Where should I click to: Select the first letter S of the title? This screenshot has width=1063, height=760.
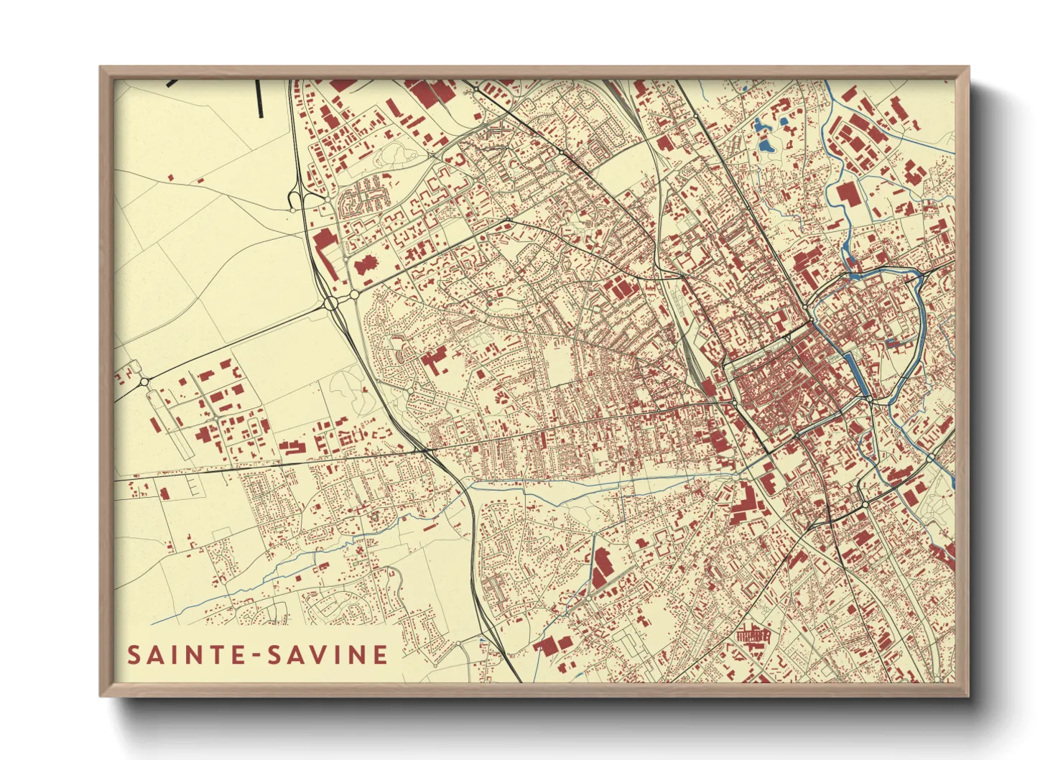134,655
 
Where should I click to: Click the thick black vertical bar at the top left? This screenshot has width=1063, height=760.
260,98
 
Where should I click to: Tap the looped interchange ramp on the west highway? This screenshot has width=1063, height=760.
294,198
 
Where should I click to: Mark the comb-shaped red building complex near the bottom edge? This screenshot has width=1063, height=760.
753,636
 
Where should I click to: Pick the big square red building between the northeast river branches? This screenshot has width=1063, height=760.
847,193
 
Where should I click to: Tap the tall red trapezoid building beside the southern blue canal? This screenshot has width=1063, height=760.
600,567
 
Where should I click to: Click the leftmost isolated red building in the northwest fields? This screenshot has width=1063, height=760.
170,177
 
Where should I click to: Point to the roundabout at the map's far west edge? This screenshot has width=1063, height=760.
144,381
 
